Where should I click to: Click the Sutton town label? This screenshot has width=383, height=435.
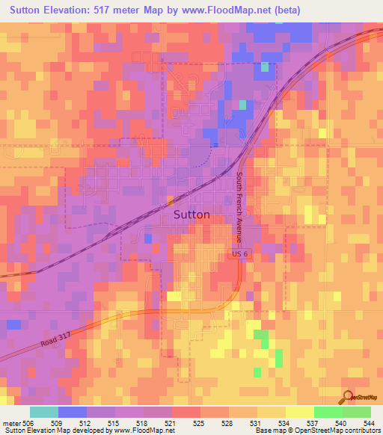[x=191, y=214]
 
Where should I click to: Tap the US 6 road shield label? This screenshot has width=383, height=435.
[x=237, y=255]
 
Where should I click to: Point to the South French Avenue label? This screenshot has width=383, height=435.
[x=239, y=208]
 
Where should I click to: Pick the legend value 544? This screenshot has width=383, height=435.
[x=368, y=423]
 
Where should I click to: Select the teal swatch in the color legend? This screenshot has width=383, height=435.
[x=44, y=412]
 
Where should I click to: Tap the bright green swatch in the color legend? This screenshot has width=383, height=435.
[x=328, y=412]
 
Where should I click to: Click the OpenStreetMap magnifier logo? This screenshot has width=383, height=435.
[x=347, y=398]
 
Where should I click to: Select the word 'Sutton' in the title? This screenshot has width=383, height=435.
[x=28, y=10]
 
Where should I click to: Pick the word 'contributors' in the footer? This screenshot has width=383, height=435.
[x=362, y=431]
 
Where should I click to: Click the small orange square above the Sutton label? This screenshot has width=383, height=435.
[x=171, y=200]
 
